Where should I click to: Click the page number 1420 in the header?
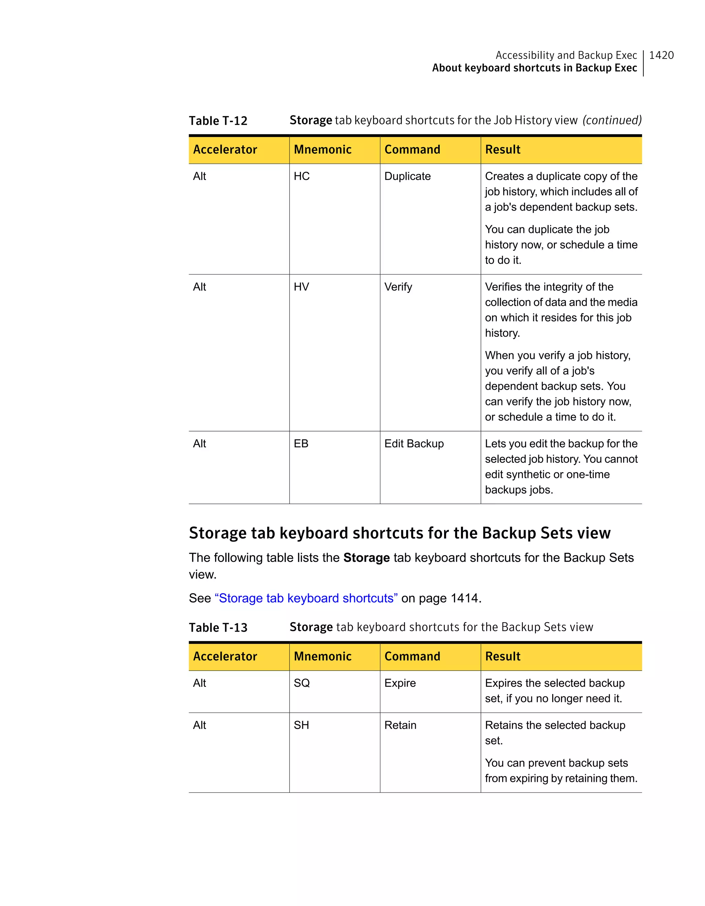[x=661, y=55]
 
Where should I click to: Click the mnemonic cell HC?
[x=302, y=176]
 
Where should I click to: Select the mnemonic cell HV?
[x=301, y=287]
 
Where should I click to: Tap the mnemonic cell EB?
[x=301, y=444]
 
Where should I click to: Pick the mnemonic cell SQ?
[x=302, y=683]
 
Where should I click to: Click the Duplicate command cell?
[x=407, y=176]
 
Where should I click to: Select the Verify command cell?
[x=398, y=287]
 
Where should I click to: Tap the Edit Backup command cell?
[x=414, y=444]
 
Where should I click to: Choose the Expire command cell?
[x=400, y=683]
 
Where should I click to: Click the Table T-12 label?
[x=218, y=121]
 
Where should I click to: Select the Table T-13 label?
[x=218, y=628]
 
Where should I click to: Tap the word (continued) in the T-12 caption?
[x=612, y=120]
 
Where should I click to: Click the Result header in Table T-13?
[x=503, y=656]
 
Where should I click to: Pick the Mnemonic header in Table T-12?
[x=323, y=150]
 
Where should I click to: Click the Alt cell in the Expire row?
[x=200, y=683]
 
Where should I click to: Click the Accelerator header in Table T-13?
[x=225, y=656]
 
